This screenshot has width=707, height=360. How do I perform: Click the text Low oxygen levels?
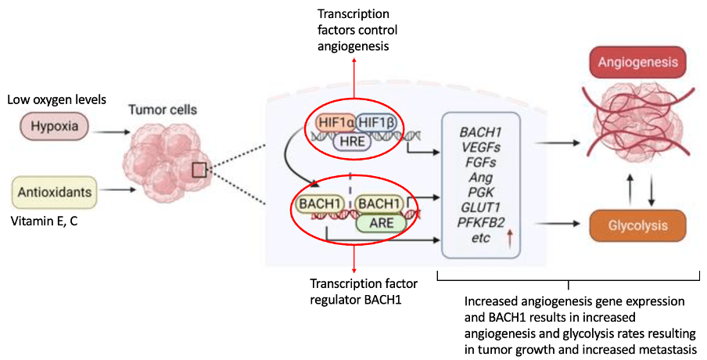[57, 99]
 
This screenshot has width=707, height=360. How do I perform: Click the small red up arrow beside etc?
[510, 238]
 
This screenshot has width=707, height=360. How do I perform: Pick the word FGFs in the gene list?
[478, 163]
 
